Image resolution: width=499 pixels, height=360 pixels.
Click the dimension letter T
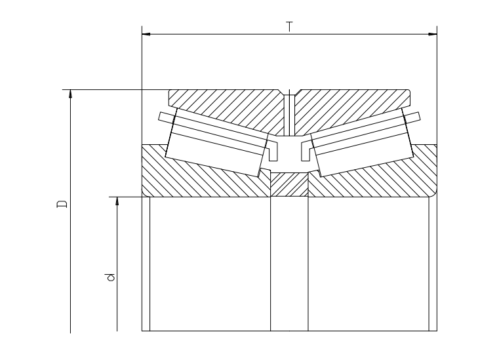coord(289,27)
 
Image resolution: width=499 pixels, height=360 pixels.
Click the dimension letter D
coord(62,204)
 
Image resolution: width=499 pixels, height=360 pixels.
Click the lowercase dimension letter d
coord(110,277)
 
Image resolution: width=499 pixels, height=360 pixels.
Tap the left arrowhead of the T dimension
coord(146,33)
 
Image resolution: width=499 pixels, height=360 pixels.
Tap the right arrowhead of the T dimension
coord(433,33)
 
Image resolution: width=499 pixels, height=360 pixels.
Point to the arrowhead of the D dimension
coord(70,94)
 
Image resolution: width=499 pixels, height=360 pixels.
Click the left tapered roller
coord(217,142)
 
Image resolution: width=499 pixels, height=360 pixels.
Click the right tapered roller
coord(362,142)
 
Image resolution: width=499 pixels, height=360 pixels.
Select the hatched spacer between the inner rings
coord(289,185)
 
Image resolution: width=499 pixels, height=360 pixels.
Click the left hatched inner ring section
coord(204,178)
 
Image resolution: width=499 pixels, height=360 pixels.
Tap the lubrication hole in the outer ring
coord(289,114)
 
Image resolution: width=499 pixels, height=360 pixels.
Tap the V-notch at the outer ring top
coord(289,92)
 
